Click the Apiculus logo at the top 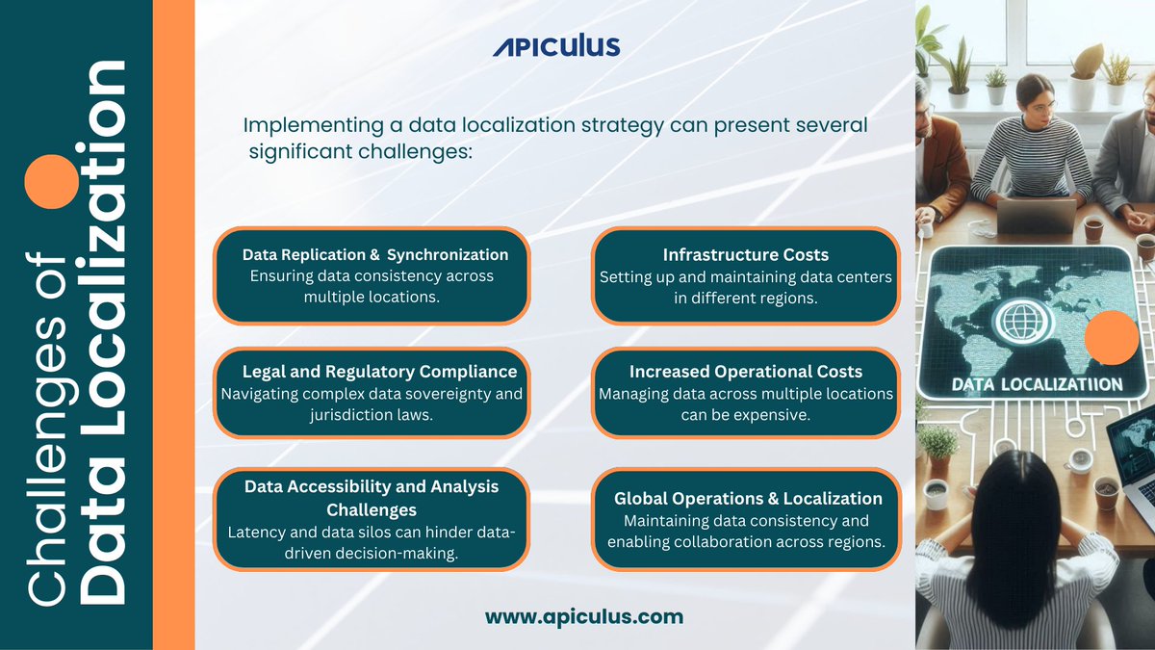tap(556, 45)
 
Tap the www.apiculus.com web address tap(584, 616)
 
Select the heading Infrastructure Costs tap(745, 255)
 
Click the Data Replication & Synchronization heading tap(374, 255)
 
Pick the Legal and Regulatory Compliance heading tap(379, 372)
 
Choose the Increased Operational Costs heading tap(745, 372)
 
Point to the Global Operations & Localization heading tap(748, 499)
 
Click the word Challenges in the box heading tap(371, 509)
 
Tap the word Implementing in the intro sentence tap(299, 126)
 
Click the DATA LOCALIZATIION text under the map tap(1037, 384)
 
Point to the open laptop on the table tap(1036, 214)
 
